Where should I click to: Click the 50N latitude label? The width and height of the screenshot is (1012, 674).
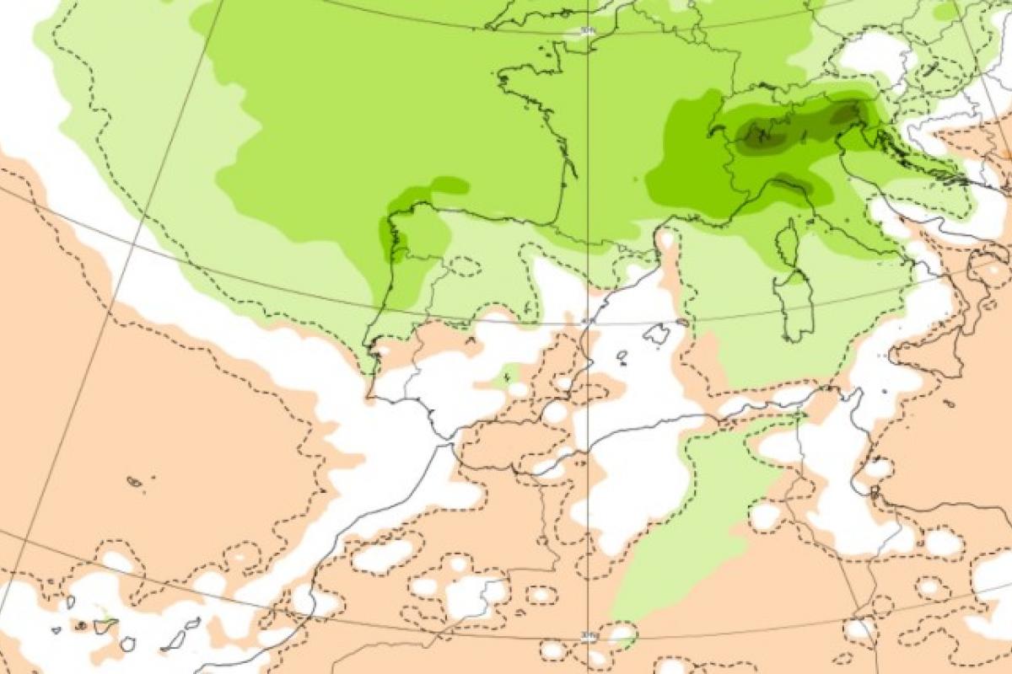pos(587,31)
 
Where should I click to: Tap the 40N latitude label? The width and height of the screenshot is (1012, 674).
pos(587,321)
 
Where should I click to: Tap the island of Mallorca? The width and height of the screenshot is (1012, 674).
pos(656,334)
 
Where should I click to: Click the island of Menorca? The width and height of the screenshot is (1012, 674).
pos(681,322)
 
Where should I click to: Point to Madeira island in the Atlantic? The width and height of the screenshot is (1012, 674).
pos(135,482)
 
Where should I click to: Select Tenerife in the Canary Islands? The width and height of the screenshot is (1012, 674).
pos(105,626)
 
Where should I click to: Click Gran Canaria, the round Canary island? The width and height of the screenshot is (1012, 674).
pos(127,645)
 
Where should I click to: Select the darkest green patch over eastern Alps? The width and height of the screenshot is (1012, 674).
pos(843,113)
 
